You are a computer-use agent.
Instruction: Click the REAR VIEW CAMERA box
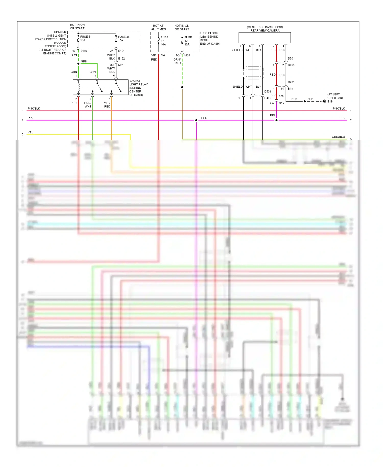point(265,38)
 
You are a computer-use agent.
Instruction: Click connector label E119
point(84,51)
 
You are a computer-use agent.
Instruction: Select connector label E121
point(122,51)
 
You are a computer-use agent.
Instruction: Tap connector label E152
point(122,59)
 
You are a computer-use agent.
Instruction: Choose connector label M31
point(121,65)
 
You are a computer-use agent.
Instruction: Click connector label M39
point(187,55)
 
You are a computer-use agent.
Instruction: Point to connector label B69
point(281,96)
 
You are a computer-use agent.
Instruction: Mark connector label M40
point(281,103)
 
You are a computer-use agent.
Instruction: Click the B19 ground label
point(330,101)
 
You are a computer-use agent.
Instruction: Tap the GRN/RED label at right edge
point(338,137)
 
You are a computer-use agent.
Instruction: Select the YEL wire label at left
point(30,132)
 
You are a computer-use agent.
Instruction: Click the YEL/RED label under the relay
point(107,105)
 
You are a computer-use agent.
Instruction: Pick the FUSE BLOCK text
point(209,33)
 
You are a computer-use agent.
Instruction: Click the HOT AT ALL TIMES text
point(158,28)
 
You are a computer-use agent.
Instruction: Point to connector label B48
point(291,89)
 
